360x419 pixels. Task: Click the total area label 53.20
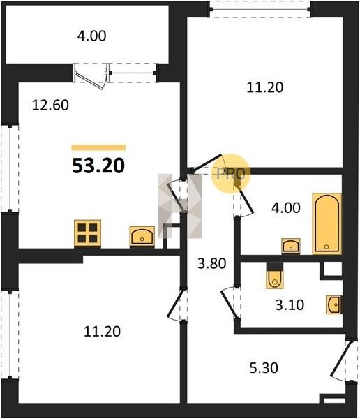[98, 166]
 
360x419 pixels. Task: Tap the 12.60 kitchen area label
[50, 105]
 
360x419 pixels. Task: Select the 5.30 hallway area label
[264, 368]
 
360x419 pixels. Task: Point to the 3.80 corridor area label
[212, 263]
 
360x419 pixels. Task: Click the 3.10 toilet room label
[290, 305]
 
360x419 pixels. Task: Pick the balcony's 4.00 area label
[91, 36]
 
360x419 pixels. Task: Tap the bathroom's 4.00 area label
[286, 207]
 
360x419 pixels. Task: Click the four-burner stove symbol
[88, 233]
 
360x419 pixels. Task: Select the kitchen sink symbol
[142, 236]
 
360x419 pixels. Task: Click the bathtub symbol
[327, 223]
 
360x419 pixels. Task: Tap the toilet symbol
[275, 279]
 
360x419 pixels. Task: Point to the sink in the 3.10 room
[333, 304]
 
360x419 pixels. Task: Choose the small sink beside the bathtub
[291, 246]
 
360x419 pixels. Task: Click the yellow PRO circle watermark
[231, 173]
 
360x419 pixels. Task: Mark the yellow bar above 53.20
[98, 148]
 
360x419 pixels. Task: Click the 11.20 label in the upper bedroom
[264, 88]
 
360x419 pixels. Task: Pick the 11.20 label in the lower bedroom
[103, 331]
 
